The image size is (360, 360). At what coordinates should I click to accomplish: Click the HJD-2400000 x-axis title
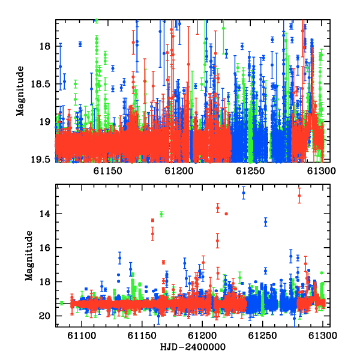coord(193,347)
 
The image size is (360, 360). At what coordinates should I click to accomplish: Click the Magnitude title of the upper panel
coord(20,91)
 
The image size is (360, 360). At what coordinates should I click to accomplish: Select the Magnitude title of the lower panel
coord(29,256)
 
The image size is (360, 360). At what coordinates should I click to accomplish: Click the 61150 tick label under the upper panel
coord(107,171)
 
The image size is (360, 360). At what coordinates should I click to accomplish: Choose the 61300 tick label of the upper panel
coord(322,171)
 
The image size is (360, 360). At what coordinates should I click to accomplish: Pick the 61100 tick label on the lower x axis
coord(82,335)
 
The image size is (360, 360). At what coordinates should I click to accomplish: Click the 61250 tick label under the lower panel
coord(262,335)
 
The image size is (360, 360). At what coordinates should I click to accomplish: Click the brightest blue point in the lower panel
coord(244,193)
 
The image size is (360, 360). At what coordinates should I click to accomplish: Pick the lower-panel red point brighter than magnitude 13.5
coord(299,196)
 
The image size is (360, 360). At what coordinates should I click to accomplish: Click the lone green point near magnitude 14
coord(161,214)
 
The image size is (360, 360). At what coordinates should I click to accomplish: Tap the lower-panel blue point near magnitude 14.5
coord(266,222)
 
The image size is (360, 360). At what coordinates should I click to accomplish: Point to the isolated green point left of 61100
coord(62,303)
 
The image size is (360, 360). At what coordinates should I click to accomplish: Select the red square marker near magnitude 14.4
coord(152,220)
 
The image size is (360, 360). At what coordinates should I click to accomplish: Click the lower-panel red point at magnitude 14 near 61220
coord(226,214)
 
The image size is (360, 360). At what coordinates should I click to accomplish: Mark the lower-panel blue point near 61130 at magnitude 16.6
coord(119,258)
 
